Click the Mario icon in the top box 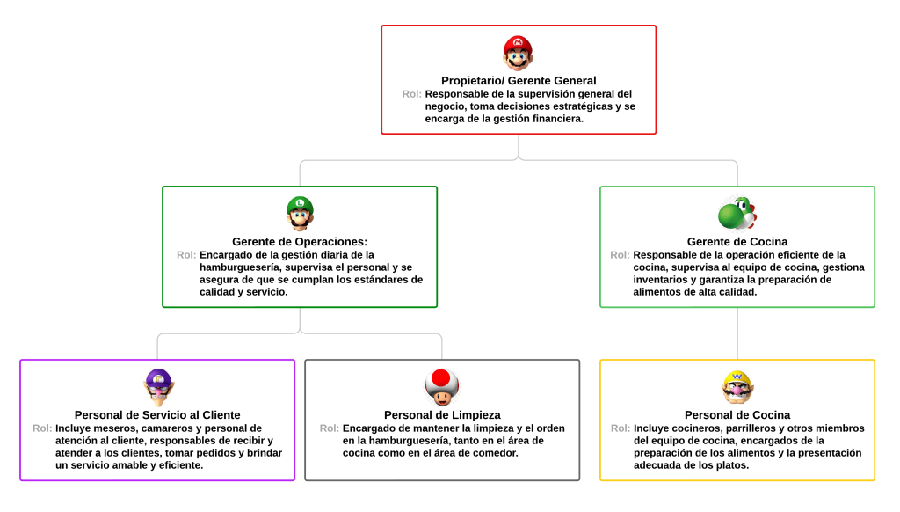pyautogui.click(x=518, y=53)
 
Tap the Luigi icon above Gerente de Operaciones pyautogui.click(x=300, y=213)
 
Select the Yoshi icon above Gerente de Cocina pyautogui.click(x=737, y=213)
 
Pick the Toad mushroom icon pyautogui.click(x=442, y=385)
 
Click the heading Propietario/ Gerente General pyautogui.click(x=519, y=81)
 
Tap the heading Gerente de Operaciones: pyautogui.click(x=300, y=242)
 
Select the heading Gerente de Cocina pyautogui.click(x=737, y=242)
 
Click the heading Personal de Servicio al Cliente pyautogui.click(x=157, y=415)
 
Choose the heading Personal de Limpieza pyautogui.click(x=442, y=415)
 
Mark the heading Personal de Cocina pyautogui.click(x=737, y=415)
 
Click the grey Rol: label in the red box pyautogui.click(x=411, y=94)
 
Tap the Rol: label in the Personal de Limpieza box pyautogui.click(x=330, y=428)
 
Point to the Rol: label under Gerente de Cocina pyautogui.click(x=620, y=255)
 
